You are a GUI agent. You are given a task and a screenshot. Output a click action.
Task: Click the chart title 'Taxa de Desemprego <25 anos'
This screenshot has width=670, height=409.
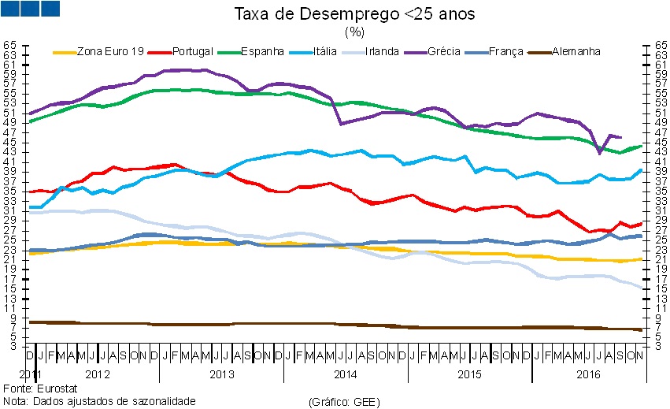click(x=354, y=15)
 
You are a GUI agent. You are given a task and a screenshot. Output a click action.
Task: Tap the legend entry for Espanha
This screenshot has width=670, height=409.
click(x=262, y=51)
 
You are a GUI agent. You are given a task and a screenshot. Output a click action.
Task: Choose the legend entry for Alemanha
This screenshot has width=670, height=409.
click(x=576, y=51)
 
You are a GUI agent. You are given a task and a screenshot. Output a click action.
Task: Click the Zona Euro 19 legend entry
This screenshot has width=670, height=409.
click(x=110, y=51)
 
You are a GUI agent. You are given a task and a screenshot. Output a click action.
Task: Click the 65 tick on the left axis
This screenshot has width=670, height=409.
click(x=9, y=46)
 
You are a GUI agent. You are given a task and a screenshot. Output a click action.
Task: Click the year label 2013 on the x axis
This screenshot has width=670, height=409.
click(x=221, y=374)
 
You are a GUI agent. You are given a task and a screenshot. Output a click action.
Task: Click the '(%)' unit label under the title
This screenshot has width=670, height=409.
click(x=354, y=32)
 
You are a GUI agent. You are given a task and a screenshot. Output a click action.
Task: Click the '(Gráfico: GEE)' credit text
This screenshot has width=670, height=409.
click(x=345, y=402)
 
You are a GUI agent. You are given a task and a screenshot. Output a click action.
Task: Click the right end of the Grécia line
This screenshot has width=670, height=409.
click(x=621, y=137)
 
